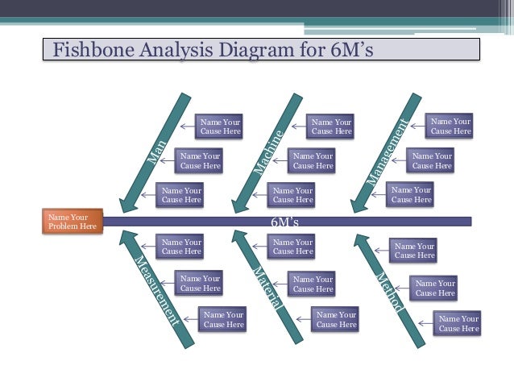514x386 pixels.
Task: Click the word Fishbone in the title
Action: coord(91,50)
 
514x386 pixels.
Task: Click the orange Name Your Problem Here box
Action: coord(73,222)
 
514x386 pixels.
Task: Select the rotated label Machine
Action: coord(269,152)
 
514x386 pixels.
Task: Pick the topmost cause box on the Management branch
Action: coord(451,126)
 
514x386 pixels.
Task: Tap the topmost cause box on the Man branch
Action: coord(220,126)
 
